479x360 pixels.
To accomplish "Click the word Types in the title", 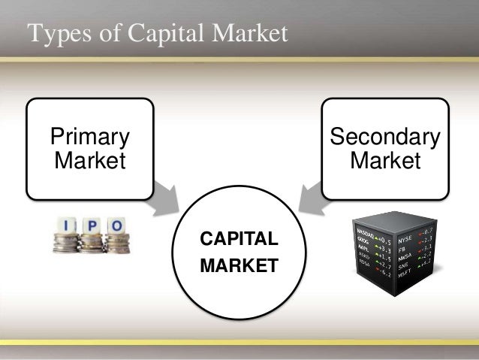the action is (54, 34).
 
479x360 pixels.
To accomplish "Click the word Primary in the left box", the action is (89, 137).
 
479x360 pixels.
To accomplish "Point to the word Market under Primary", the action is (89, 160).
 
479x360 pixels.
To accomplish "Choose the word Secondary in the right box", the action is (385, 137).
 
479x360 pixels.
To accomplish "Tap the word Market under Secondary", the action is (385, 160).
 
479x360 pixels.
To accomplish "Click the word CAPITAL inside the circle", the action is (238, 240).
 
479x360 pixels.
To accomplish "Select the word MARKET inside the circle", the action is (238, 265).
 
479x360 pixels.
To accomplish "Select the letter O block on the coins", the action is (116, 225).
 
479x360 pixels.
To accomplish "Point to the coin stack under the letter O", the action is (117, 242).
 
